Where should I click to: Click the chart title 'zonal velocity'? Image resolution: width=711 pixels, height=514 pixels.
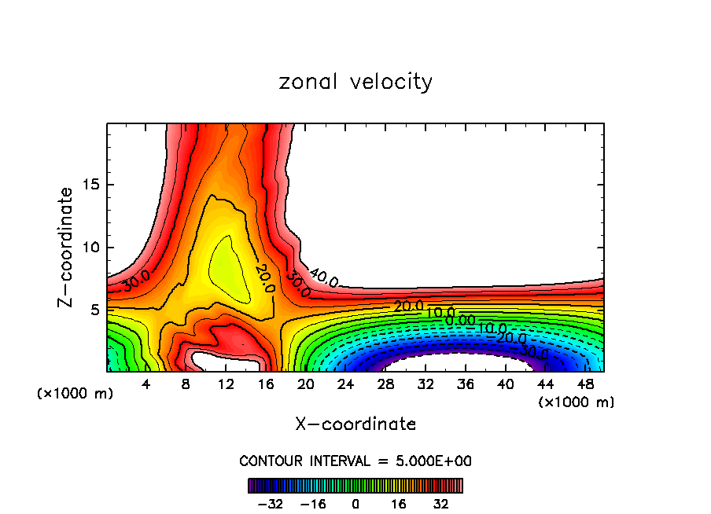point(355,82)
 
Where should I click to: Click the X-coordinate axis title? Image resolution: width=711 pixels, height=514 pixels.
point(355,424)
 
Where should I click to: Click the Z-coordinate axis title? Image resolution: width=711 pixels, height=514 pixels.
point(67,247)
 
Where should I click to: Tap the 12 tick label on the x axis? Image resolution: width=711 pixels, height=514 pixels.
point(226,385)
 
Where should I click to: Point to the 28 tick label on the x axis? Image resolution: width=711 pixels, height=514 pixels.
point(385,385)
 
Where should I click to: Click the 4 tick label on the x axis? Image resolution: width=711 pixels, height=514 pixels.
point(146,385)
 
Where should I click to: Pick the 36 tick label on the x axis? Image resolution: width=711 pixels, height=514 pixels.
point(465,385)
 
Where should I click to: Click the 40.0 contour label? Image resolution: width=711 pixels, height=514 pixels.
point(323,277)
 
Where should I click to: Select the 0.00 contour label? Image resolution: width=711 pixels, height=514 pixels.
point(459,320)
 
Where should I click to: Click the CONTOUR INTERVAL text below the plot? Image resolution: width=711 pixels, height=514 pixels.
point(355,461)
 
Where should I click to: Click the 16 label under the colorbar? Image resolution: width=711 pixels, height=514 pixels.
point(399,502)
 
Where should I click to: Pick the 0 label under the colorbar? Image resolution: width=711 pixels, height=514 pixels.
point(355,502)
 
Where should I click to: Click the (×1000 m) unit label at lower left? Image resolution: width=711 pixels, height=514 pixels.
point(76,394)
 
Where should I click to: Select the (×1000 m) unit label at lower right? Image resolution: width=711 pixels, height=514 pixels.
point(577,402)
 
